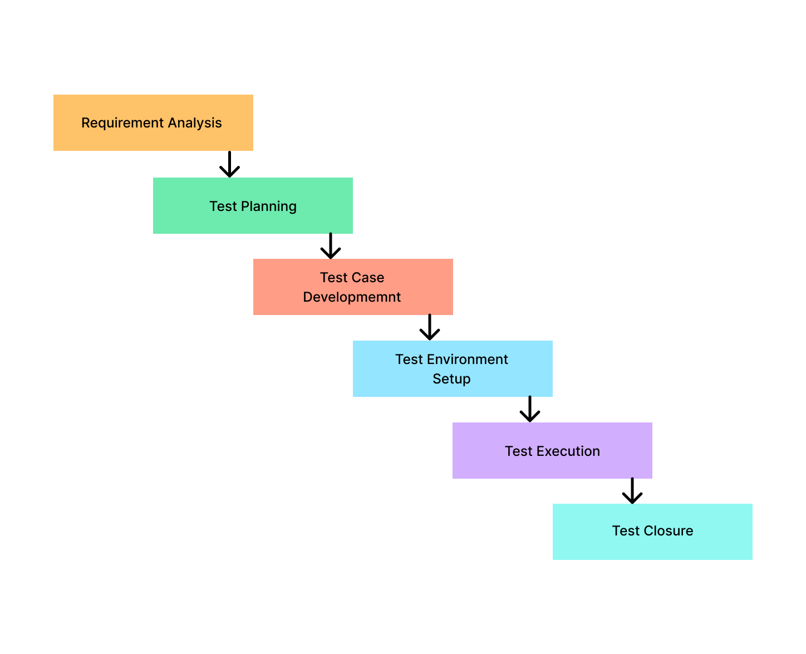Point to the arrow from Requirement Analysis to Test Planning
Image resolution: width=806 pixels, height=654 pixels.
229,165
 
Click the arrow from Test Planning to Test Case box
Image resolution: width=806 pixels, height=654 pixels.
331,246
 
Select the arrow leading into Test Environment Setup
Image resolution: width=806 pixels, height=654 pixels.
430,327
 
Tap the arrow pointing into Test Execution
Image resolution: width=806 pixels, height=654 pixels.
530,409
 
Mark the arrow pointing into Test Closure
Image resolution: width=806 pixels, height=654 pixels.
632,491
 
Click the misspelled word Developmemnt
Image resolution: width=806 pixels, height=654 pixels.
352,297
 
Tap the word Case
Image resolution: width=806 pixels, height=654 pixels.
368,278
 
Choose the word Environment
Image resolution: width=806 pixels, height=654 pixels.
468,360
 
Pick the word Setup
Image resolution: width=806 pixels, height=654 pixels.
451,379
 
